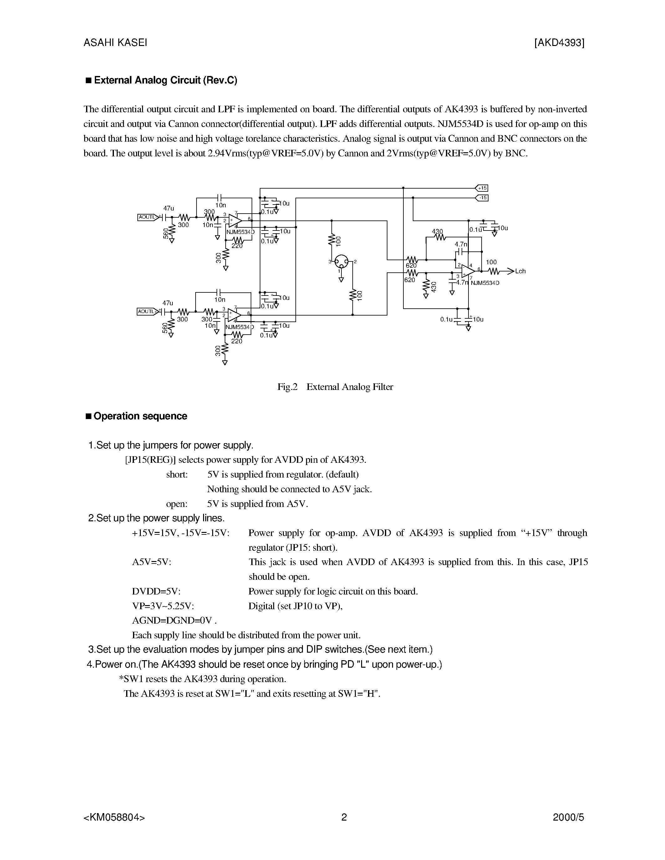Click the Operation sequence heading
click(140, 416)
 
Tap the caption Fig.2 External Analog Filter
click(335, 387)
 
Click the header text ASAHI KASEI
click(115, 43)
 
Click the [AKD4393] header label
click(559, 43)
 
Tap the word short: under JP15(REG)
click(177, 474)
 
